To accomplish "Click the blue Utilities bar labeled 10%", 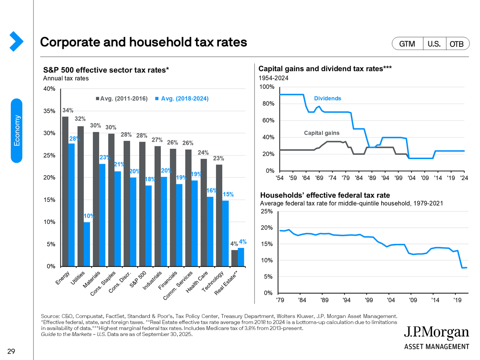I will [x=87, y=244].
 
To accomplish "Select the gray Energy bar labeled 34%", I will [x=65, y=192].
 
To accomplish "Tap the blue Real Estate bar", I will [x=241, y=257].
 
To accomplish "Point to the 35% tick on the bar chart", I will [x=50, y=111].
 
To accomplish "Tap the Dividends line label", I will [x=328, y=98].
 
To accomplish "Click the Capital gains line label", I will [x=322, y=133].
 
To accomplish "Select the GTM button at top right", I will [x=407, y=44].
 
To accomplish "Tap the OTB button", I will [x=456, y=44].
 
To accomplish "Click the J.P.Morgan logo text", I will [x=436, y=333].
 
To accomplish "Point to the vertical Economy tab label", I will [x=16, y=131].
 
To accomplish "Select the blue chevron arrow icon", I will [x=16, y=41].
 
